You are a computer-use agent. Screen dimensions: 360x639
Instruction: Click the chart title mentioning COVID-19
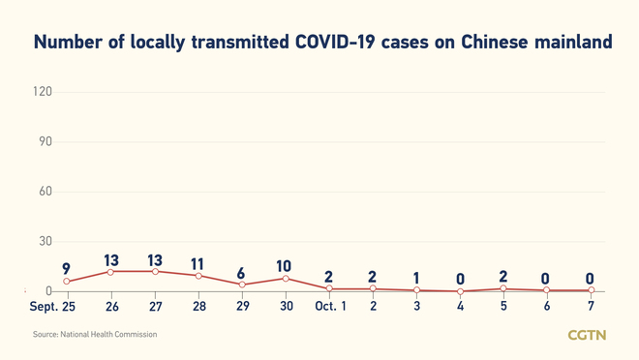click(x=323, y=43)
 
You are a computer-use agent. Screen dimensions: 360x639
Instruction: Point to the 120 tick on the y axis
click(x=42, y=92)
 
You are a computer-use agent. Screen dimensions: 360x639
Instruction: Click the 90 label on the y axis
click(x=45, y=142)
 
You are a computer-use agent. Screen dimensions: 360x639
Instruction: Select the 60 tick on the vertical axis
click(x=45, y=192)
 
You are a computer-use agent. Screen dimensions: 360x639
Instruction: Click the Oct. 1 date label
click(x=329, y=307)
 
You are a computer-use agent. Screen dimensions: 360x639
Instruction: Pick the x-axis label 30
click(x=286, y=307)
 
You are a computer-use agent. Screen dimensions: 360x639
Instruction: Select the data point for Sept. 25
click(x=67, y=282)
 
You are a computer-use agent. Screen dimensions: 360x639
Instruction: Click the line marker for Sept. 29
click(x=242, y=285)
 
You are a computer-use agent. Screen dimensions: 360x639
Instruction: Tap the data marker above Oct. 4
click(x=460, y=291)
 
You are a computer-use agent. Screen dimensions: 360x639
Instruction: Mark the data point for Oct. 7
click(x=591, y=290)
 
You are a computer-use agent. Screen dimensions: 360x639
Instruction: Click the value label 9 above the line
click(x=66, y=268)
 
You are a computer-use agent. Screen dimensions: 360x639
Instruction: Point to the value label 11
click(x=198, y=262)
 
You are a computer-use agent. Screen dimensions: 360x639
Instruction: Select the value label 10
click(x=285, y=266)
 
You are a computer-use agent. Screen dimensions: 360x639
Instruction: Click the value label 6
click(x=241, y=272)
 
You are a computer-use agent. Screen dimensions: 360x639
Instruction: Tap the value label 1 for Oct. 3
click(x=416, y=278)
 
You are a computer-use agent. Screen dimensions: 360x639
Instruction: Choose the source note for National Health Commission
click(x=95, y=335)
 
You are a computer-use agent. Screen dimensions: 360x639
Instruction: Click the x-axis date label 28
click(x=198, y=307)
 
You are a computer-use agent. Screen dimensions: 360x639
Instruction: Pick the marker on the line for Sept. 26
click(x=111, y=272)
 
